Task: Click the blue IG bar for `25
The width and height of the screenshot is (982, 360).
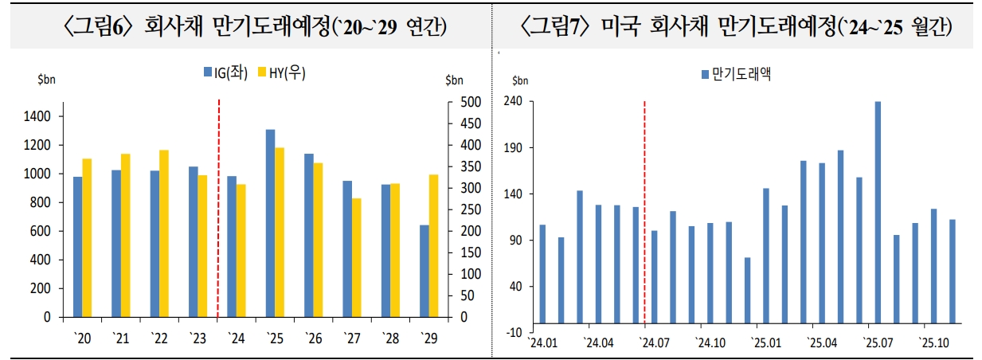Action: click(x=270, y=223)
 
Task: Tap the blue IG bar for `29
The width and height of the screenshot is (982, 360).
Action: click(x=424, y=271)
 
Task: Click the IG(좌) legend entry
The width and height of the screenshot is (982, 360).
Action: click(x=226, y=73)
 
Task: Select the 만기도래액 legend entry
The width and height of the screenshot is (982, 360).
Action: click(x=737, y=75)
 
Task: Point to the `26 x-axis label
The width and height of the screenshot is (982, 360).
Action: click(x=312, y=338)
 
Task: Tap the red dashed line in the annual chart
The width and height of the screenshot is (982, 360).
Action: click(x=218, y=207)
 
